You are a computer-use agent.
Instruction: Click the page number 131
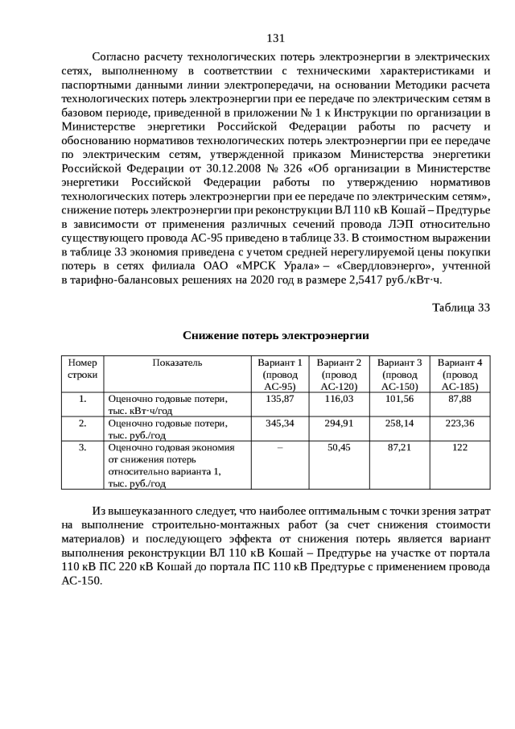coord(275,38)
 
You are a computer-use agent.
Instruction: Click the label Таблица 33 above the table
coord(460,308)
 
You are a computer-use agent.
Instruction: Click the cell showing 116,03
coord(339,400)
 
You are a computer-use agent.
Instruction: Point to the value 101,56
coord(399,400)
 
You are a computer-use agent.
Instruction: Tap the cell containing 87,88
coord(459,400)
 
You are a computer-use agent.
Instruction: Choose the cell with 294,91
coord(339,424)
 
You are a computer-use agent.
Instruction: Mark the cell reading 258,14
coord(399,424)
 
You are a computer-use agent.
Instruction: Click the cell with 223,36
coord(459,424)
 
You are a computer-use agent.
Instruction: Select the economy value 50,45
coord(339,448)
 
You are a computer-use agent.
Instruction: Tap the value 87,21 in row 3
coord(399,448)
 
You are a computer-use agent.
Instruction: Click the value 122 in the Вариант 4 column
coord(459,448)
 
